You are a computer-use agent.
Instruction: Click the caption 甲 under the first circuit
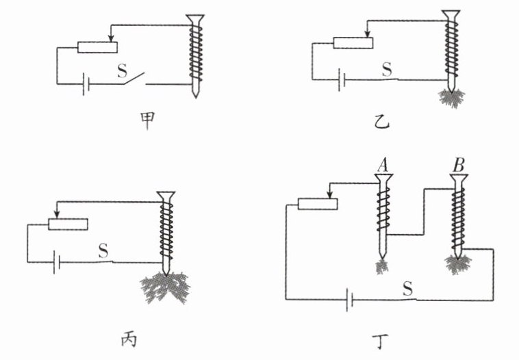pos(147,121)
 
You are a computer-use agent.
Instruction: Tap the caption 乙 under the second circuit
pos(381,121)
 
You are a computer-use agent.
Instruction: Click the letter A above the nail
pos(383,165)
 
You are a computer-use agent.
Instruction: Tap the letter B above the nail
pos(459,165)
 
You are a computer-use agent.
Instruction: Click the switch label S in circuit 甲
pos(122,70)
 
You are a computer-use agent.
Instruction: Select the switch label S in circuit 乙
pos(387,69)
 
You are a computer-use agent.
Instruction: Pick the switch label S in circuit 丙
pos(103,250)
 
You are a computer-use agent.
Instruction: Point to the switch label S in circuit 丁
pos(408,289)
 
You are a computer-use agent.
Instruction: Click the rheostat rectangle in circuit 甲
pos(97,47)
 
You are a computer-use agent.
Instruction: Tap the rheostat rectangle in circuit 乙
pos(353,43)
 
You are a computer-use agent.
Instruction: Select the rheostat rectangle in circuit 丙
pos(68,224)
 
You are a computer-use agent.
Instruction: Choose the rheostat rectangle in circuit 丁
pos(318,204)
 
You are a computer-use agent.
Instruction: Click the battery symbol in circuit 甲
pos(86,84)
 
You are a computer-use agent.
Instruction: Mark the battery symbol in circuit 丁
pos(349,300)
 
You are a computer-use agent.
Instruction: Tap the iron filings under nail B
pos(458,264)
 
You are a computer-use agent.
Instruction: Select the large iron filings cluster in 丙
pos(165,287)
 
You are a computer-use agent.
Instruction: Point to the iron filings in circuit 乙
pos(451,98)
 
